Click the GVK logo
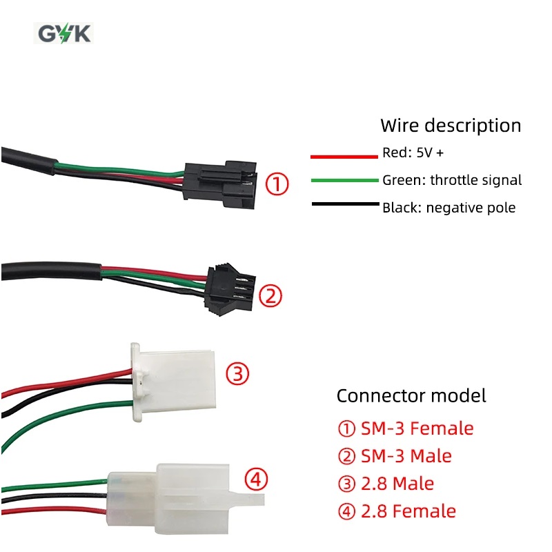pyautogui.click(x=63, y=33)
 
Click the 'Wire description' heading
pyautogui.click(x=451, y=126)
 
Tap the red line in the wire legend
pyautogui.click(x=344, y=157)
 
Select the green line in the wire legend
pyautogui.click(x=344, y=181)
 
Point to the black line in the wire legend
pyautogui.click(x=346, y=204)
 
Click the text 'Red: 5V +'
pyautogui.click(x=413, y=152)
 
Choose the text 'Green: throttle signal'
pyautogui.click(x=452, y=180)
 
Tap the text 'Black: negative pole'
pyautogui.click(x=449, y=208)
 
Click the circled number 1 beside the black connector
pyautogui.click(x=277, y=184)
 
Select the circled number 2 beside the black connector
pyautogui.click(x=270, y=296)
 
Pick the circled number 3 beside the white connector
pyautogui.click(x=237, y=373)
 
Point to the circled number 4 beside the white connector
pyautogui.click(x=256, y=479)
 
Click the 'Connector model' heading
pyautogui.click(x=411, y=395)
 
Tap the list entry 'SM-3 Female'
pyautogui.click(x=406, y=428)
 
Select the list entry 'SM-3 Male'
pyautogui.click(x=395, y=456)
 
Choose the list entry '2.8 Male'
pyautogui.click(x=386, y=484)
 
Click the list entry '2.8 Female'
pyautogui.click(x=397, y=511)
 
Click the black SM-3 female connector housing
pyautogui.click(x=220, y=185)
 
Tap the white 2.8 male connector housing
pyautogui.click(x=173, y=382)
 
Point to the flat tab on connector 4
pyautogui.click(x=248, y=500)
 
